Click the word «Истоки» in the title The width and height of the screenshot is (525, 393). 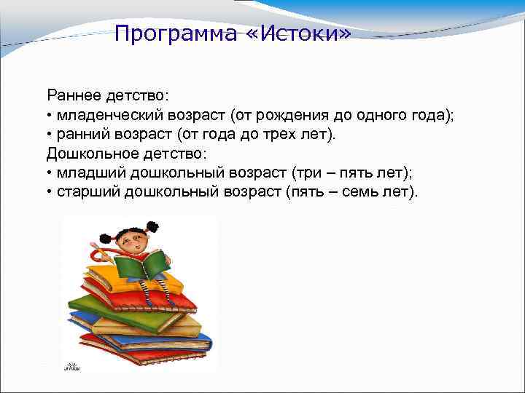point(298,33)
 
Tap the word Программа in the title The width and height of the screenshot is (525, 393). point(176,34)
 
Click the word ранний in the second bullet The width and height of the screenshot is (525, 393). point(82,135)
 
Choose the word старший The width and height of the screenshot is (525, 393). point(87,193)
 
